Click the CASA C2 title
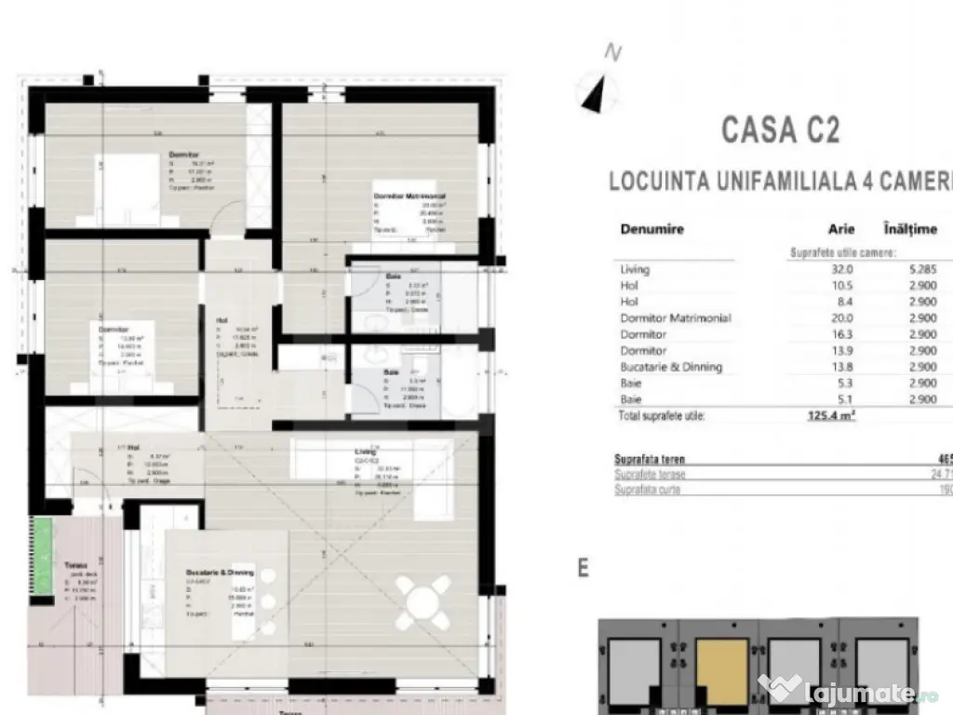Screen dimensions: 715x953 pyautogui.click(x=780, y=129)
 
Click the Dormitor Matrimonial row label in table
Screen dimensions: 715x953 pyautogui.click(x=675, y=318)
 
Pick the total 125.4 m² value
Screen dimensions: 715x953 pyautogui.click(x=831, y=416)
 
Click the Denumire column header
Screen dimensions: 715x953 pyautogui.click(x=651, y=229)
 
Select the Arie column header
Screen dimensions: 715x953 pyautogui.click(x=841, y=229)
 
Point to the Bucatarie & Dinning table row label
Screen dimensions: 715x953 pyautogui.click(x=671, y=367)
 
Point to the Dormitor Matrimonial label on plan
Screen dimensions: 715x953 pyautogui.click(x=409, y=196)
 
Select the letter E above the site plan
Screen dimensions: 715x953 pyautogui.click(x=584, y=568)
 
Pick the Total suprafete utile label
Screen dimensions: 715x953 pyautogui.click(x=662, y=416)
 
